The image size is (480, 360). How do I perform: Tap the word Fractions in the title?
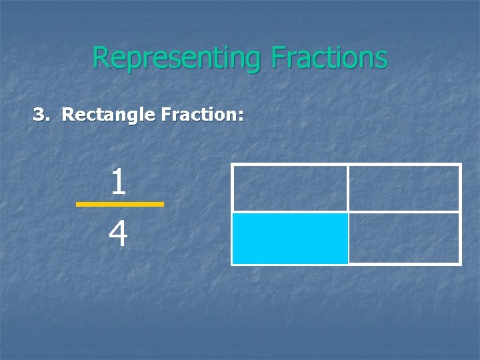329,57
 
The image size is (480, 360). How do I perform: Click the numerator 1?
119,182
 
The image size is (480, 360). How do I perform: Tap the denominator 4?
119,234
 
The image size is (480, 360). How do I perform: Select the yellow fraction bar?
119,204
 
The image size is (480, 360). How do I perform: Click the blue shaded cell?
290,238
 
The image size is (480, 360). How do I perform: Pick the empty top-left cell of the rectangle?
290,188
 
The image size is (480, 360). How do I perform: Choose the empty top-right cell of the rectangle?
404,188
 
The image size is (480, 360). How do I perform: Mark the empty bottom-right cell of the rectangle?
404,238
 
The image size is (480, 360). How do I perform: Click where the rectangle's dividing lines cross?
348,212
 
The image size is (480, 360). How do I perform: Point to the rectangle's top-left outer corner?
232,164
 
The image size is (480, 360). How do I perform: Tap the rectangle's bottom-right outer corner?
461,265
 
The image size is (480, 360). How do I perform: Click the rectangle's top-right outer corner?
461,164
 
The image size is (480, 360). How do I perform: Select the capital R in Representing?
100,58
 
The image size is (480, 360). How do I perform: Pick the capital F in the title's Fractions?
278,58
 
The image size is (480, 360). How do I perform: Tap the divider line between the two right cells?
404,212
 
